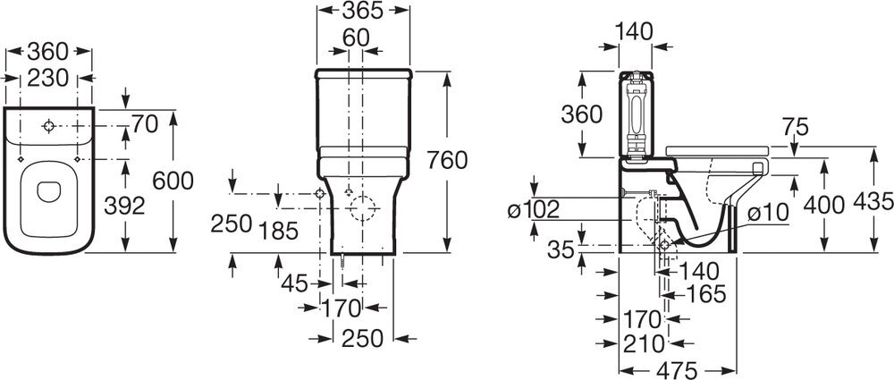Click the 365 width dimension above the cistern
coord(363,10)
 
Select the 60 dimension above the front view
coord(356,38)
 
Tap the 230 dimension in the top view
coord(48,78)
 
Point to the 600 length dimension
coord(173,181)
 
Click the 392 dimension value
coord(124,206)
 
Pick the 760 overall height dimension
coord(448,160)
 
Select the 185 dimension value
coord(278,231)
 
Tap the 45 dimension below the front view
coord(294,283)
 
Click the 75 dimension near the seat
coord(796,127)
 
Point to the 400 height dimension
coord(823,204)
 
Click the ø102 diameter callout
coord(534,210)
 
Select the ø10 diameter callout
coord(767,213)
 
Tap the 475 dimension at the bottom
coord(676,371)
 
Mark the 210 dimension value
coord(644,343)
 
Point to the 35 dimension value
coord(561,249)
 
